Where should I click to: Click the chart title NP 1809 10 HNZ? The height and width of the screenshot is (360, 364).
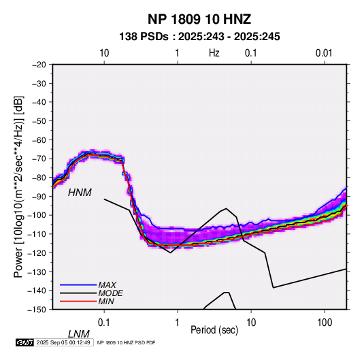pos(199,19)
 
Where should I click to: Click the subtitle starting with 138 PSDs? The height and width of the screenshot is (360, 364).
pos(199,37)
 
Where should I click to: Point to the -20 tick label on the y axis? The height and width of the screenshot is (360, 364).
pos(39,65)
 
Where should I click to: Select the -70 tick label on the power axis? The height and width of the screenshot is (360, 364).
pos(39,159)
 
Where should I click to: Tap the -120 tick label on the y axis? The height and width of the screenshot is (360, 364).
pos(37,252)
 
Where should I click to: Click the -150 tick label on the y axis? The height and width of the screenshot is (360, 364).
pos(37,310)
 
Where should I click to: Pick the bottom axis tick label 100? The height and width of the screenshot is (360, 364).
pos(325,323)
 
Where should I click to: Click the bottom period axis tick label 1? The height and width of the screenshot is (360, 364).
pos(178,323)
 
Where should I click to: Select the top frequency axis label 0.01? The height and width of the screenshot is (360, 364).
pos(324,53)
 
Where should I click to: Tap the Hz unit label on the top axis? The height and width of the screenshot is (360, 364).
pos(214,53)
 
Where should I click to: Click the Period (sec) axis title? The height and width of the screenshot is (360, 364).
pos(214,330)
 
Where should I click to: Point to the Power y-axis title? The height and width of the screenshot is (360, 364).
pos(18,186)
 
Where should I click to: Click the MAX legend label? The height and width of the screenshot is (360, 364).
pos(107,285)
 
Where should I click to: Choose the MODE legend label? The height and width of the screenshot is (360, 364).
pos(110,293)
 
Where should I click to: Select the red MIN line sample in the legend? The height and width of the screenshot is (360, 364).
pos(78,301)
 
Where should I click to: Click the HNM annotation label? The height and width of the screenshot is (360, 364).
pos(80,193)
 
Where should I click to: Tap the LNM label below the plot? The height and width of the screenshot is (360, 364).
pos(78,334)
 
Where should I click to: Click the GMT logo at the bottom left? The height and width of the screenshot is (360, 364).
pos(25,342)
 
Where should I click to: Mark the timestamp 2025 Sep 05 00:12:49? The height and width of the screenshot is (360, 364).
pos(63,342)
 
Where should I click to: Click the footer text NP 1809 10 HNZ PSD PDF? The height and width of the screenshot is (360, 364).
pos(126,342)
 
